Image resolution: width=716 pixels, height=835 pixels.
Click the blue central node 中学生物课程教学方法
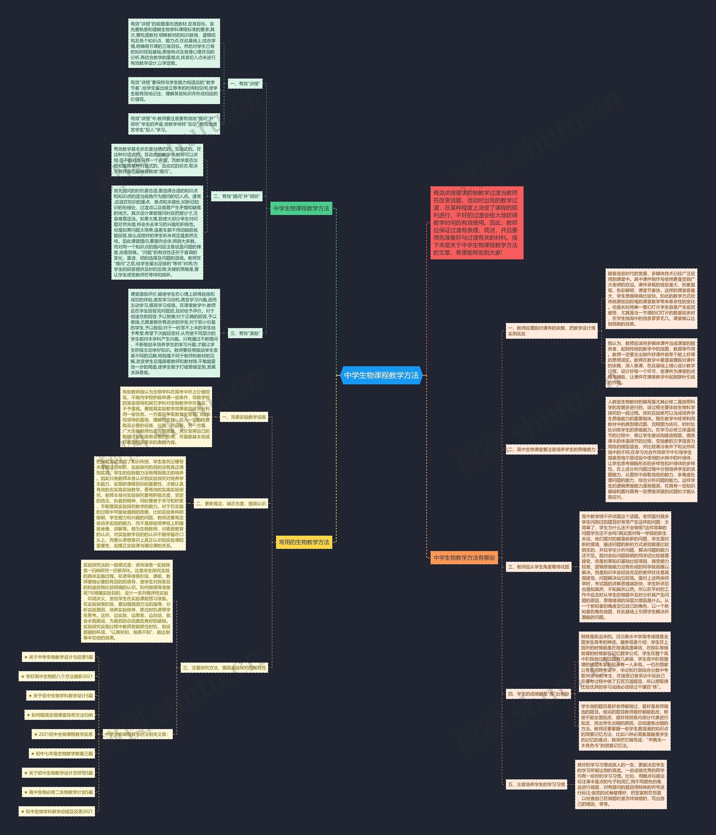pyautogui.click(x=381, y=375)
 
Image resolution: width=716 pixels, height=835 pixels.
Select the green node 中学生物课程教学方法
pyautogui.click(x=301, y=208)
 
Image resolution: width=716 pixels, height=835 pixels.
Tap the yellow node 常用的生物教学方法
pyautogui.click(x=304, y=542)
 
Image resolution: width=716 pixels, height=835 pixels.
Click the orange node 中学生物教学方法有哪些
pyautogui.click(x=464, y=558)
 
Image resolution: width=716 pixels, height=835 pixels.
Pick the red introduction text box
pyautogui.click(x=477, y=223)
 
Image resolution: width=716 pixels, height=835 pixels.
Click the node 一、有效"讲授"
pyautogui.click(x=245, y=84)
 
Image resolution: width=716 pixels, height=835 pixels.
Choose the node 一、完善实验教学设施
pyautogui.click(x=244, y=417)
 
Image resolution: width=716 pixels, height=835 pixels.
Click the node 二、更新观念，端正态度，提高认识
pyautogui.click(x=231, y=503)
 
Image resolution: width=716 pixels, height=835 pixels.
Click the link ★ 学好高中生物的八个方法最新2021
pyautogui.click(x=57, y=676)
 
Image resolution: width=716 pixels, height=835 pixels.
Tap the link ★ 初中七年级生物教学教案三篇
pyautogui.click(x=62, y=753)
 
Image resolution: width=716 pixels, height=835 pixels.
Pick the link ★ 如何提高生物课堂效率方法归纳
pyautogui.click(x=60, y=715)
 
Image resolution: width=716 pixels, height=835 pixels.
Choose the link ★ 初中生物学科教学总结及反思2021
pyautogui.click(x=57, y=811)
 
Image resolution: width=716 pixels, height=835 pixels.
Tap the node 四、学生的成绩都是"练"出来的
pyautogui.click(x=538, y=694)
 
